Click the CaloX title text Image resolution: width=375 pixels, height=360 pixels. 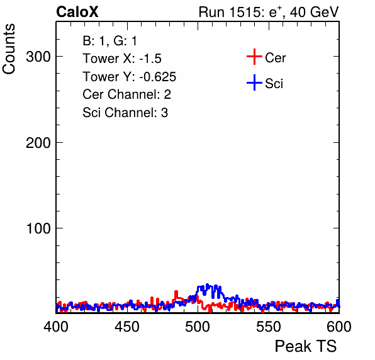pos(77,12)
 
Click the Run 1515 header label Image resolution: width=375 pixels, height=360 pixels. pos(269,12)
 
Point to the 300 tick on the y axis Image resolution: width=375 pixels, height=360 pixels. pos(38,57)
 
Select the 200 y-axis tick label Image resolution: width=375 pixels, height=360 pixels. pos(38,143)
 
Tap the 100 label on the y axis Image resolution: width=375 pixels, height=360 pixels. pos(38,228)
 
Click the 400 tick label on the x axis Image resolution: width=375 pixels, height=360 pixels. pos(56,327)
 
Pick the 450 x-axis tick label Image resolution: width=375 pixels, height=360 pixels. pos(127,327)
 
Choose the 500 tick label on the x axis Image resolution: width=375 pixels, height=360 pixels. pos(198,327)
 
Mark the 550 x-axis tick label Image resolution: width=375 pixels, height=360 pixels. pos(268,327)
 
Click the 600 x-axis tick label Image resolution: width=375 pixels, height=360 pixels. pos(339,327)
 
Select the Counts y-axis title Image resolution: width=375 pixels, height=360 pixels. pos(9,49)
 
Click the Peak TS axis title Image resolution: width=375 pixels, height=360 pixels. pos(306,346)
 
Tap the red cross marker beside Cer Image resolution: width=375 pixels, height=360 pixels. pos(254,57)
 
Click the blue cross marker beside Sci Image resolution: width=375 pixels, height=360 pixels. pos(254,82)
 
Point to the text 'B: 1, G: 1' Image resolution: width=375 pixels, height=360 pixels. pos(109,41)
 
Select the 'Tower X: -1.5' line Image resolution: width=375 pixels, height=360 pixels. pos(122,59)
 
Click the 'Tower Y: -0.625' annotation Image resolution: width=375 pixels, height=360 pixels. pos(130,77)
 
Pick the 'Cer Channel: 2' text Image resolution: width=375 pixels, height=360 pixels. pos(126,94)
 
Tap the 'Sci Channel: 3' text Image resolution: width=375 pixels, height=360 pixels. pos(125,113)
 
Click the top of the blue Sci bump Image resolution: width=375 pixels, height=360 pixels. pos(208,284)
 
